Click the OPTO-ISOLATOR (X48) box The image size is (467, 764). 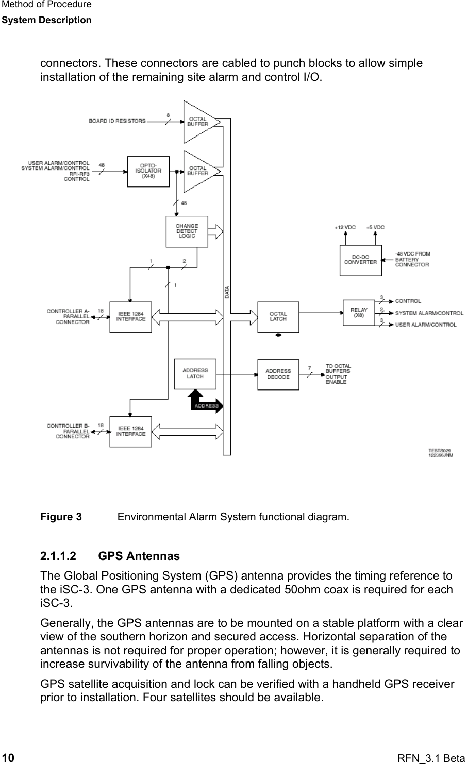(x=148, y=172)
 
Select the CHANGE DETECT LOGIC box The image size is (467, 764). (x=187, y=231)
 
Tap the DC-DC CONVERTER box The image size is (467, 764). (x=360, y=260)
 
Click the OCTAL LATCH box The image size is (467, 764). (x=278, y=316)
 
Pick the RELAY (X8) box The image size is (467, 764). (x=359, y=313)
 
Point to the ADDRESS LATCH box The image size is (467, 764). (x=195, y=373)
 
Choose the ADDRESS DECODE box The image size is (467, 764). (x=278, y=374)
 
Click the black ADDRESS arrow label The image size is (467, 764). (x=206, y=405)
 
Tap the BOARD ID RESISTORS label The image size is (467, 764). (x=117, y=121)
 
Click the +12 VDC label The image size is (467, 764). (x=345, y=227)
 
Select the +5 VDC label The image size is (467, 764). (x=375, y=227)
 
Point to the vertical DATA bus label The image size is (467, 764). (x=227, y=292)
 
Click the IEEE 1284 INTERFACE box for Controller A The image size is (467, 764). (x=131, y=316)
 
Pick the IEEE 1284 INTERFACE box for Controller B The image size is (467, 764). (x=131, y=431)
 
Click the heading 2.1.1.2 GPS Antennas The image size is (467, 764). (x=110, y=556)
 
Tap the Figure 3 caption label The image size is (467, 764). (x=61, y=517)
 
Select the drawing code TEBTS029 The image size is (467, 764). (x=440, y=451)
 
